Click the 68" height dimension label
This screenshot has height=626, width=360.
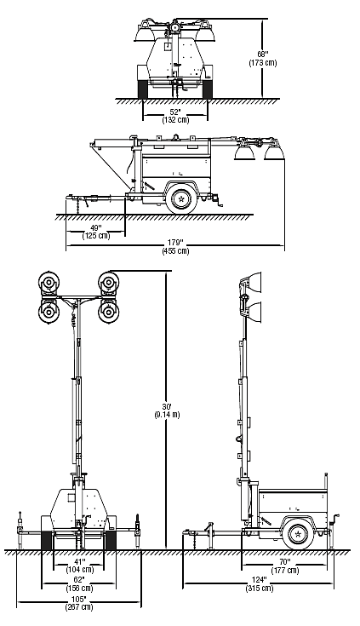pyautogui.click(x=263, y=54)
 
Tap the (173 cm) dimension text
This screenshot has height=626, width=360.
pyautogui.click(x=263, y=63)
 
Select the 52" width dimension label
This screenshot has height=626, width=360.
pyautogui.click(x=175, y=112)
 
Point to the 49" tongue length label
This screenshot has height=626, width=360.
pyautogui.click(x=96, y=228)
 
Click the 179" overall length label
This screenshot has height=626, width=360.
pyautogui.click(x=175, y=243)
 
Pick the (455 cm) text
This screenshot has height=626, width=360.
pyautogui.click(x=175, y=251)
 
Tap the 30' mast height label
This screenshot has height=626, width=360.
pyautogui.click(x=167, y=406)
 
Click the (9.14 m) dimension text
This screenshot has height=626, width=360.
pyautogui.click(x=167, y=415)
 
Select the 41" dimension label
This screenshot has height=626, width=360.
pyautogui.click(x=80, y=562)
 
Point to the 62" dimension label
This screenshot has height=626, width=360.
pyautogui.click(x=79, y=580)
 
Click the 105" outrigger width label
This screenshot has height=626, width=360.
pyautogui.click(x=79, y=599)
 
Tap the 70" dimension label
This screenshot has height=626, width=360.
pyautogui.click(x=285, y=562)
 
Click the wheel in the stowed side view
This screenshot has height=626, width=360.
pyautogui.click(x=182, y=198)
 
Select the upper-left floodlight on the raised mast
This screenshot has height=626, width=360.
pyautogui.click(x=49, y=283)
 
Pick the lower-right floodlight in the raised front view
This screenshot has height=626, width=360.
pyautogui.click(x=109, y=312)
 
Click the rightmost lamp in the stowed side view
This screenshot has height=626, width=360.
pyautogui.click(x=274, y=152)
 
